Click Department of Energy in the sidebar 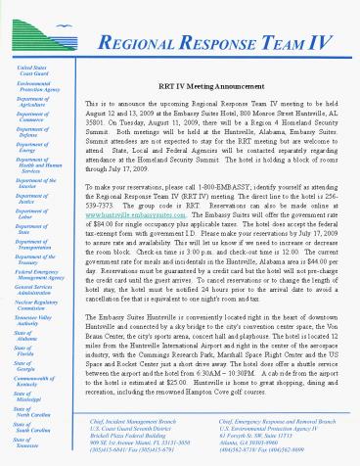(36, 148)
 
